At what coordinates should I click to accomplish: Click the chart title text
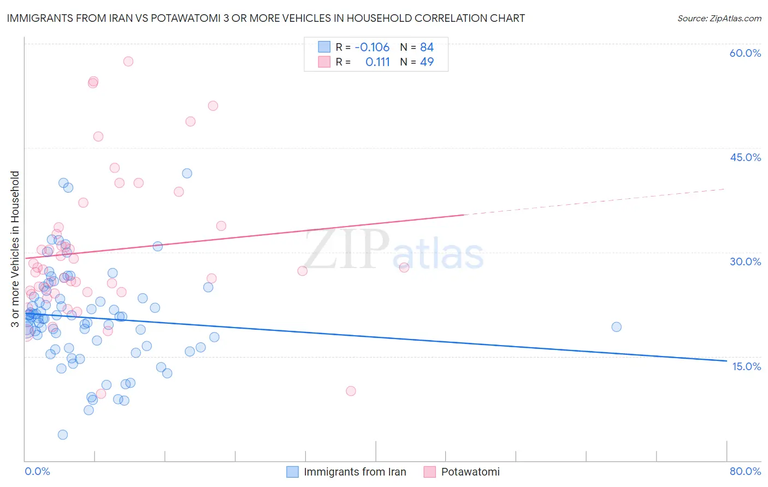(x=265, y=18)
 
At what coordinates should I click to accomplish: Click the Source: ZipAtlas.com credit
(x=719, y=19)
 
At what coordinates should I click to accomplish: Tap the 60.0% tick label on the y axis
(x=745, y=53)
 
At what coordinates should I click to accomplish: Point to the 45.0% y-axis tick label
(x=745, y=157)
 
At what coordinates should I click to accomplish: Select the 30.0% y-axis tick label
(x=745, y=262)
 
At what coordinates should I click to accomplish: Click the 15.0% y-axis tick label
(x=746, y=366)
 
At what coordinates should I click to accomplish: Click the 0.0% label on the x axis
(x=37, y=471)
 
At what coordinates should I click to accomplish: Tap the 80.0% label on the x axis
(x=745, y=471)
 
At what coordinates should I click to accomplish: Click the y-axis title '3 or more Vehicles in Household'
(x=15, y=249)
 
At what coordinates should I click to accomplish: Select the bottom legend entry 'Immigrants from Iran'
(x=355, y=472)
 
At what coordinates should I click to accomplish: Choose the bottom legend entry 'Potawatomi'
(x=470, y=472)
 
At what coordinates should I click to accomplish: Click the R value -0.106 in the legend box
(x=372, y=47)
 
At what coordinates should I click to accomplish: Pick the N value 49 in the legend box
(x=427, y=62)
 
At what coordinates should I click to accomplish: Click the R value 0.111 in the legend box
(x=377, y=62)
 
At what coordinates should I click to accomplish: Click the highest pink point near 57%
(x=128, y=61)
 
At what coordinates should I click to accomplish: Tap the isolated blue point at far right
(x=616, y=327)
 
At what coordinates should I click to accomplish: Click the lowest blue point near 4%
(x=63, y=435)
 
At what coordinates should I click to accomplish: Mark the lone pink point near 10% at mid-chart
(x=351, y=391)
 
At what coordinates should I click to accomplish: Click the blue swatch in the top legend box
(x=324, y=47)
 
